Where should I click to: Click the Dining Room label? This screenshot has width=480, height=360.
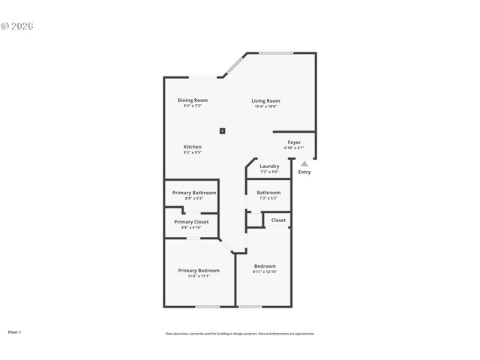tap(193, 100)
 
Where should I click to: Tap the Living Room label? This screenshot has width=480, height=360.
tap(265, 100)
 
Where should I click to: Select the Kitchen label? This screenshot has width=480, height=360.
tap(193, 146)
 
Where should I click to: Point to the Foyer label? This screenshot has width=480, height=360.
tap(294, 142)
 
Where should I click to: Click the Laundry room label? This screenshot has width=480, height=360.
tap(269, 166)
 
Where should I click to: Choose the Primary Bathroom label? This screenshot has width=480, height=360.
tap(193, 193)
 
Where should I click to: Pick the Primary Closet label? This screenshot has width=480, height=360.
tap(191, 221)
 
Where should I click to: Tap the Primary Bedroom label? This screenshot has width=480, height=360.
tap(199, 270)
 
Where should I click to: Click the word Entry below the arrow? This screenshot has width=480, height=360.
tap(304, 172)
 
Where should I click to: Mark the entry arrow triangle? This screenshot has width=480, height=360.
tap(304, 163)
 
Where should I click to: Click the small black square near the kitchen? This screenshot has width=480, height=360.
tap(222, 130)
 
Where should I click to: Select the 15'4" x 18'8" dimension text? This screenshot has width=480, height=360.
tap(265, 106)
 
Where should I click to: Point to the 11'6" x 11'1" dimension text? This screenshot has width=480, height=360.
tap(199, 276)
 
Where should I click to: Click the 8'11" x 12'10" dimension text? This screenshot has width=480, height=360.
tap(265, 272)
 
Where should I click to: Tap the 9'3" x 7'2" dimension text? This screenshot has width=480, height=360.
tap(193, 106)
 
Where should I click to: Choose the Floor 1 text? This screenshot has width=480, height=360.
tap(15, 331)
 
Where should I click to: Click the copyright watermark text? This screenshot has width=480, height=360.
tap(18, 26)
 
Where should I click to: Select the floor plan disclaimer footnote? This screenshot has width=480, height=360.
tap(240, 334)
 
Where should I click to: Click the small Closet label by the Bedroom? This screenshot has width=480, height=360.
tap(278, 220)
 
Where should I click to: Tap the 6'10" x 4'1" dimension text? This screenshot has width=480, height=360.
tap(294, 148)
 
